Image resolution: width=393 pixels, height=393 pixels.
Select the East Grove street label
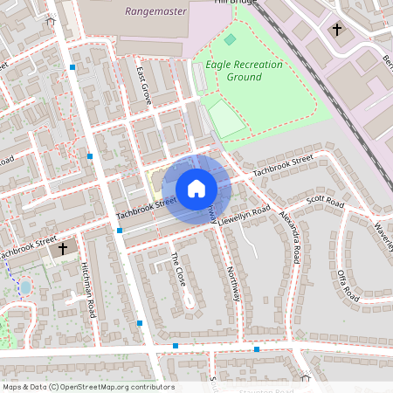[144, 87]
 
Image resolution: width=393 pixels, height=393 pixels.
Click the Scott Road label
[325, 203]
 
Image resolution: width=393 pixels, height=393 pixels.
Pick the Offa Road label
[348, 286]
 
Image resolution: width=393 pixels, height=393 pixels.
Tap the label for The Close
[179, 270]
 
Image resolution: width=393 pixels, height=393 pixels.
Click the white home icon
[196, 189]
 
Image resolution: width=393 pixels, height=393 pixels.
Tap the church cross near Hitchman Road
[62, 249]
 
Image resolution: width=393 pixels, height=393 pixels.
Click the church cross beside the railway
[337, 30]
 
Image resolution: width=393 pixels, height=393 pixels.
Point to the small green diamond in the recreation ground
[230, 39]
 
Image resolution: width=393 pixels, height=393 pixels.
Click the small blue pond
[24, 286]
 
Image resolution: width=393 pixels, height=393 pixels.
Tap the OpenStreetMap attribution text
[87, 387]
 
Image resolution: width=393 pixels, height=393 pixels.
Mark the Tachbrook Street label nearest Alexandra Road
[282, 164]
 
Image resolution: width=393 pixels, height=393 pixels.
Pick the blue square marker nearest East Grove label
[72, 66]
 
